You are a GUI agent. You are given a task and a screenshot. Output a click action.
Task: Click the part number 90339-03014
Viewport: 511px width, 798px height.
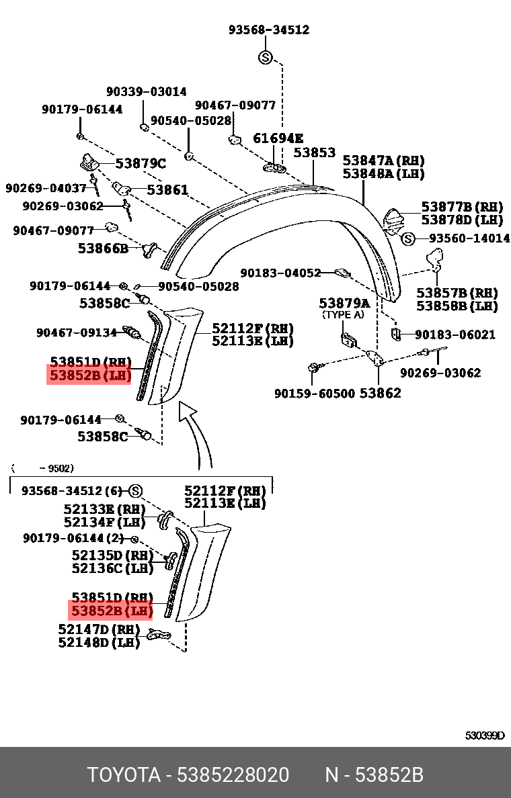tap(146, 92)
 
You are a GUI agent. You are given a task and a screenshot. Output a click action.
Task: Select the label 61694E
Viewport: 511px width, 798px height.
tap(278, 138)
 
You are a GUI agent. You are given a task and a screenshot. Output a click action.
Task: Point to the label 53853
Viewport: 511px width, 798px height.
tap(314, 153)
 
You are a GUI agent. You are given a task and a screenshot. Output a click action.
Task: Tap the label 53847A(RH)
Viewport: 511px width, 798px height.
tap(384, 161)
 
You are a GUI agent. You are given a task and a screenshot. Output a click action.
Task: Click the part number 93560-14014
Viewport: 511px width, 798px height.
tap(469, 238)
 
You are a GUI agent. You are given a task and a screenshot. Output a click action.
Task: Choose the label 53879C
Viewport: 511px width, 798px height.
tap(140, 163)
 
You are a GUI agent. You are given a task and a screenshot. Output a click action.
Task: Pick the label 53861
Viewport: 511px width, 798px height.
tap(167, 190)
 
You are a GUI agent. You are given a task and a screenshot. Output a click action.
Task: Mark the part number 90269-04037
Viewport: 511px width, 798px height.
tap(46, 189)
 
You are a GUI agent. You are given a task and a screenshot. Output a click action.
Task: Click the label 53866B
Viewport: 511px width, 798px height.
tap(103, 248)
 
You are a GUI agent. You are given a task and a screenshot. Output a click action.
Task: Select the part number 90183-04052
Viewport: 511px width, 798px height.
tap(281, 273)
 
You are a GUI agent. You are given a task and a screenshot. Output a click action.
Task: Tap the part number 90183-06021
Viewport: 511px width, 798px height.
tap(455, 335)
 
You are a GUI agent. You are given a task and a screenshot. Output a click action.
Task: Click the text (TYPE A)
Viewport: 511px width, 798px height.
tap(344, 314)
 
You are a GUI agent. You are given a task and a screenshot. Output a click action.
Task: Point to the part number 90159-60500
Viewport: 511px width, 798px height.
tap(314, 393)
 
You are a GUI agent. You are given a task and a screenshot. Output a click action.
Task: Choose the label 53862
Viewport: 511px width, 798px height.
tap(380, 393)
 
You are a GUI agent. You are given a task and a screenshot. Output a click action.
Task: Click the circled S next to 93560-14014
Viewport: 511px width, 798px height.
tap(408, 238)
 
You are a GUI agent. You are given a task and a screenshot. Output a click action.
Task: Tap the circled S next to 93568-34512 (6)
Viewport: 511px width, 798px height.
tap(136, 490)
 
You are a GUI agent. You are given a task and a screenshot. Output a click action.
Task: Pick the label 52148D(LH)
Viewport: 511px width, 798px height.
tap(98, 643)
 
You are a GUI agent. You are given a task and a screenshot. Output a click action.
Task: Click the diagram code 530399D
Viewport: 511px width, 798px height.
tap(484, 736)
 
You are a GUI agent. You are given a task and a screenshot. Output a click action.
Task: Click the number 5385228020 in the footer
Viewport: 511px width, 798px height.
tap(233, 775)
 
